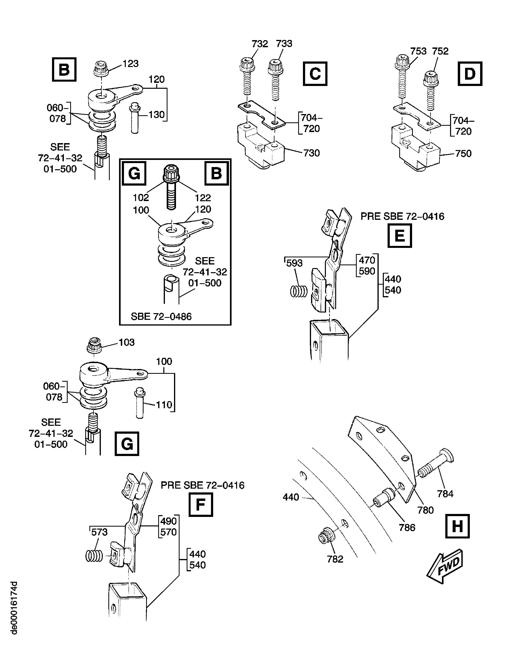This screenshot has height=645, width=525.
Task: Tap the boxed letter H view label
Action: [x=457, y=526]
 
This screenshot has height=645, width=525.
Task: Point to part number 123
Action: [x=130, y=64]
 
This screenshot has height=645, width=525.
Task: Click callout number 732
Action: [x=260, y=44]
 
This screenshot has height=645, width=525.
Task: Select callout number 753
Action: [x=418, y=51]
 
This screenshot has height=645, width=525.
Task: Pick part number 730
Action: [x=311, y=153]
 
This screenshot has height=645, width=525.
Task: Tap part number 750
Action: [x=463, y=154]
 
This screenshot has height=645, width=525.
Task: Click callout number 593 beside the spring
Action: [x=294, y=263]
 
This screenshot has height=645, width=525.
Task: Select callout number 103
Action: [x=126, y=342]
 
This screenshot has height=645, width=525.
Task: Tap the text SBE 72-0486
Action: [x=161, y=317]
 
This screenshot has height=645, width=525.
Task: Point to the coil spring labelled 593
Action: [x=298, y=291]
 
